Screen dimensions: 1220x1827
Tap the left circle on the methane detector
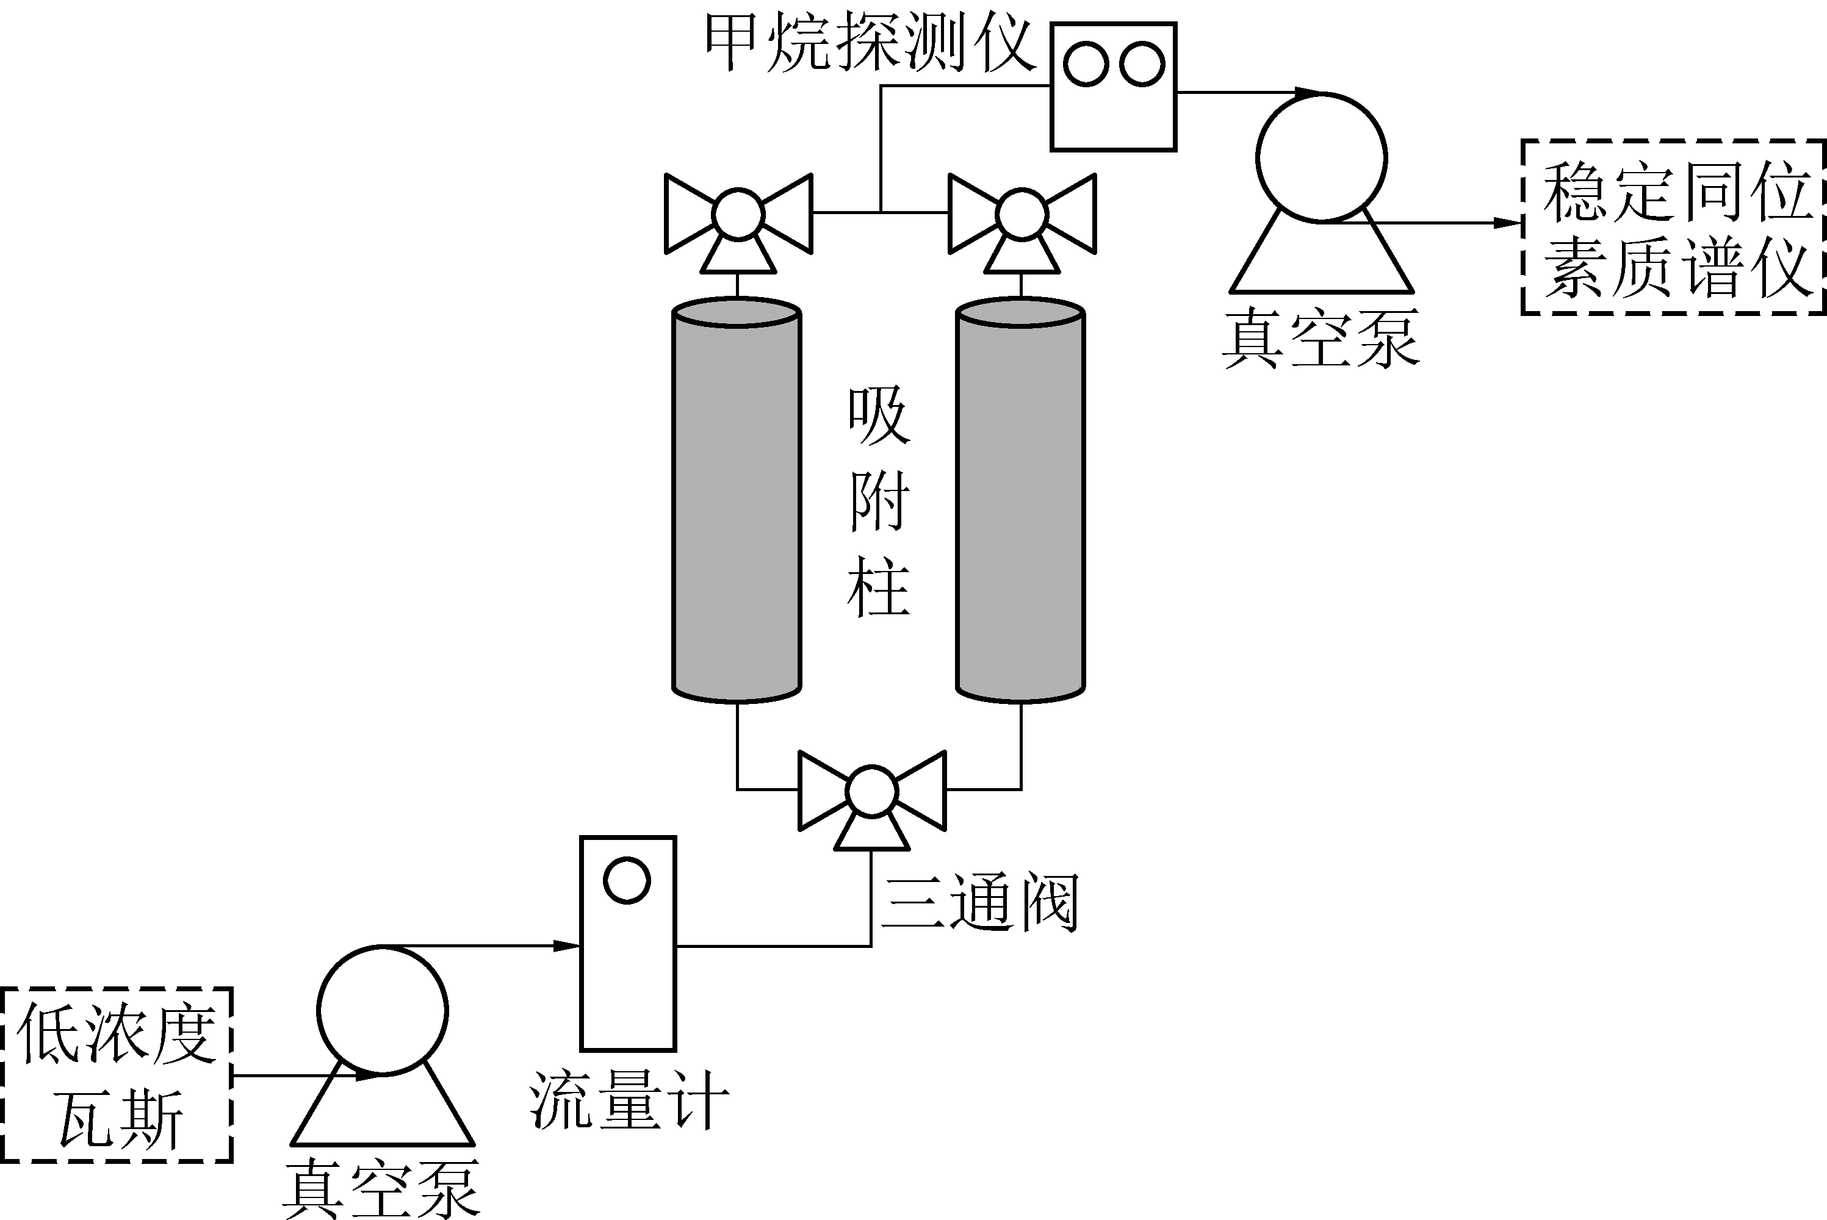(1086, 64)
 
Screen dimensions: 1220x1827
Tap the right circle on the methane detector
(1142, 64)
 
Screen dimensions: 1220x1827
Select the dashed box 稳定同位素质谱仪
(1674, 227)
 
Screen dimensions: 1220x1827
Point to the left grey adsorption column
(736, 502)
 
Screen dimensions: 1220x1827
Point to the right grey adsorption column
(1020, 502)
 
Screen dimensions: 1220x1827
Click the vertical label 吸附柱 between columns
(879, 502)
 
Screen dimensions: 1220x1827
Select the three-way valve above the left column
(738, 215)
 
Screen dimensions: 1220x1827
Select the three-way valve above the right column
(1022, 215)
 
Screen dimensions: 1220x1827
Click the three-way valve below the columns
(871, 792)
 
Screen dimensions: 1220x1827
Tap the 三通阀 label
(981, 903)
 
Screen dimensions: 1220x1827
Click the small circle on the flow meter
(627, 881)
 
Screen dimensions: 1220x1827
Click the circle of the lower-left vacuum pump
(382, 1011)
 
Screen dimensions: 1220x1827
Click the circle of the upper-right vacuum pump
(1321, 158)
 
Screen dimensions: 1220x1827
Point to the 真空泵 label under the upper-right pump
(1321, 338)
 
